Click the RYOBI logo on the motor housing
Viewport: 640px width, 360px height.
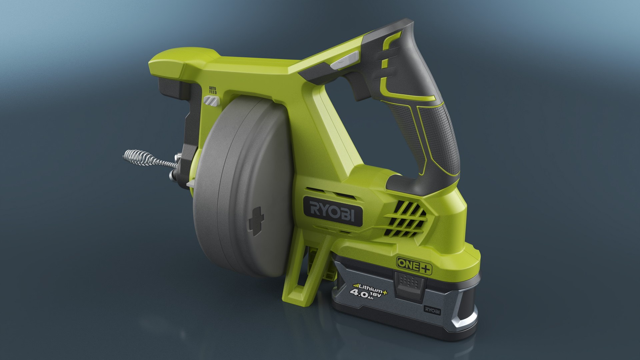[x=332, y=211]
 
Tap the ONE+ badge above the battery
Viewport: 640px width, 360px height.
[x=414, y=266]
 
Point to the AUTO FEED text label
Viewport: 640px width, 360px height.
[x=213, y=90]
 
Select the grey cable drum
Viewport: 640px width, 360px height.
[x=243, y=187]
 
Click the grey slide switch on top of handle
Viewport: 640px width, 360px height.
[x=345, y=60]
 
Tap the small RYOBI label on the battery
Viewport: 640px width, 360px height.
[x=432, y=310]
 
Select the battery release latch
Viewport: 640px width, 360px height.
[x=409, y=285]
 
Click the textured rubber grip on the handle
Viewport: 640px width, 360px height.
[x=437, y=133]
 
